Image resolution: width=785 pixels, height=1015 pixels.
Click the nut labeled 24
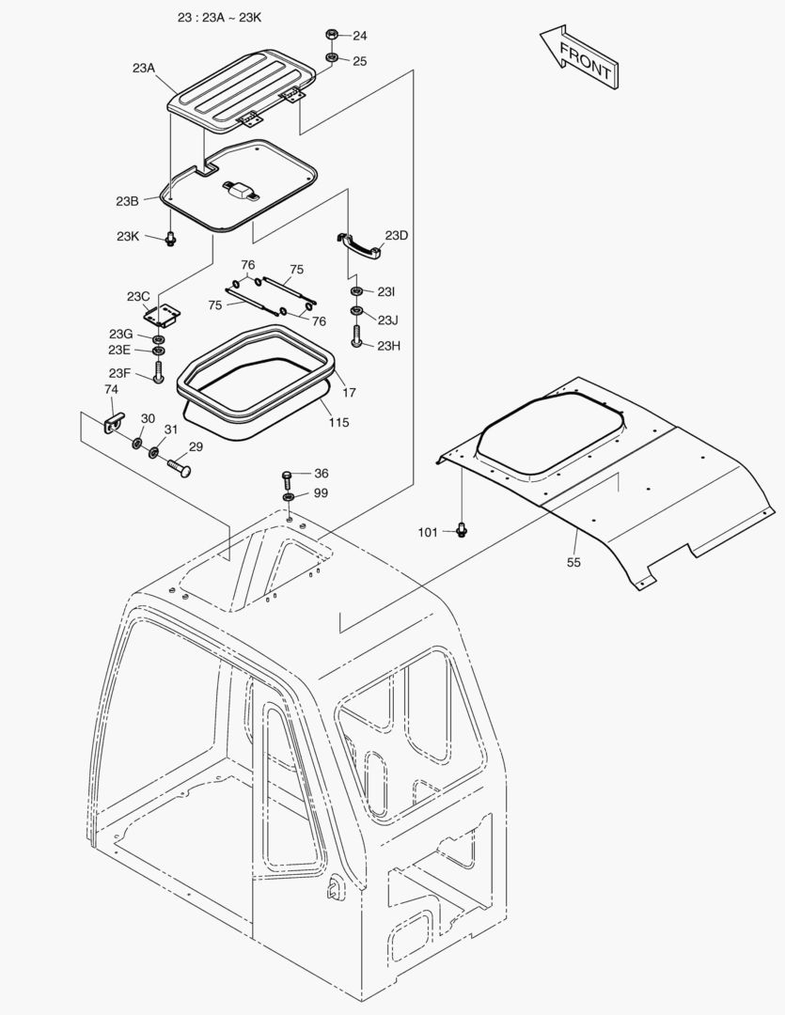[x=332, y=36]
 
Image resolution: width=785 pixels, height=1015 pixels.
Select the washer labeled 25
[x=332, y=60]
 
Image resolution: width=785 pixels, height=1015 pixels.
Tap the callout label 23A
[x=144, y=68]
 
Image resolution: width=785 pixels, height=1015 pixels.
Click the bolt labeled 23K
[x=170, y=239]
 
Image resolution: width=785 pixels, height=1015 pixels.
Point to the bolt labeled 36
[x=289, y=476]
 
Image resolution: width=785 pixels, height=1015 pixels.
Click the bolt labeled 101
[x=461, y=530]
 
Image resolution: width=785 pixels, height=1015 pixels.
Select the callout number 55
[x=573, y=562]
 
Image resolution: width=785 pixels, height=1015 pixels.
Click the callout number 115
[x=338, y=422]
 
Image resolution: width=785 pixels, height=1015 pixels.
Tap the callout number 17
[x=349, y=392]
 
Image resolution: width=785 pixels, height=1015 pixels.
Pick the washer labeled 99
[x=289, y=494]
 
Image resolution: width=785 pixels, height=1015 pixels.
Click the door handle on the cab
[x=335, y=887]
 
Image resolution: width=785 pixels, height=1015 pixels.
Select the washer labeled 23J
[x=357, y=311]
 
